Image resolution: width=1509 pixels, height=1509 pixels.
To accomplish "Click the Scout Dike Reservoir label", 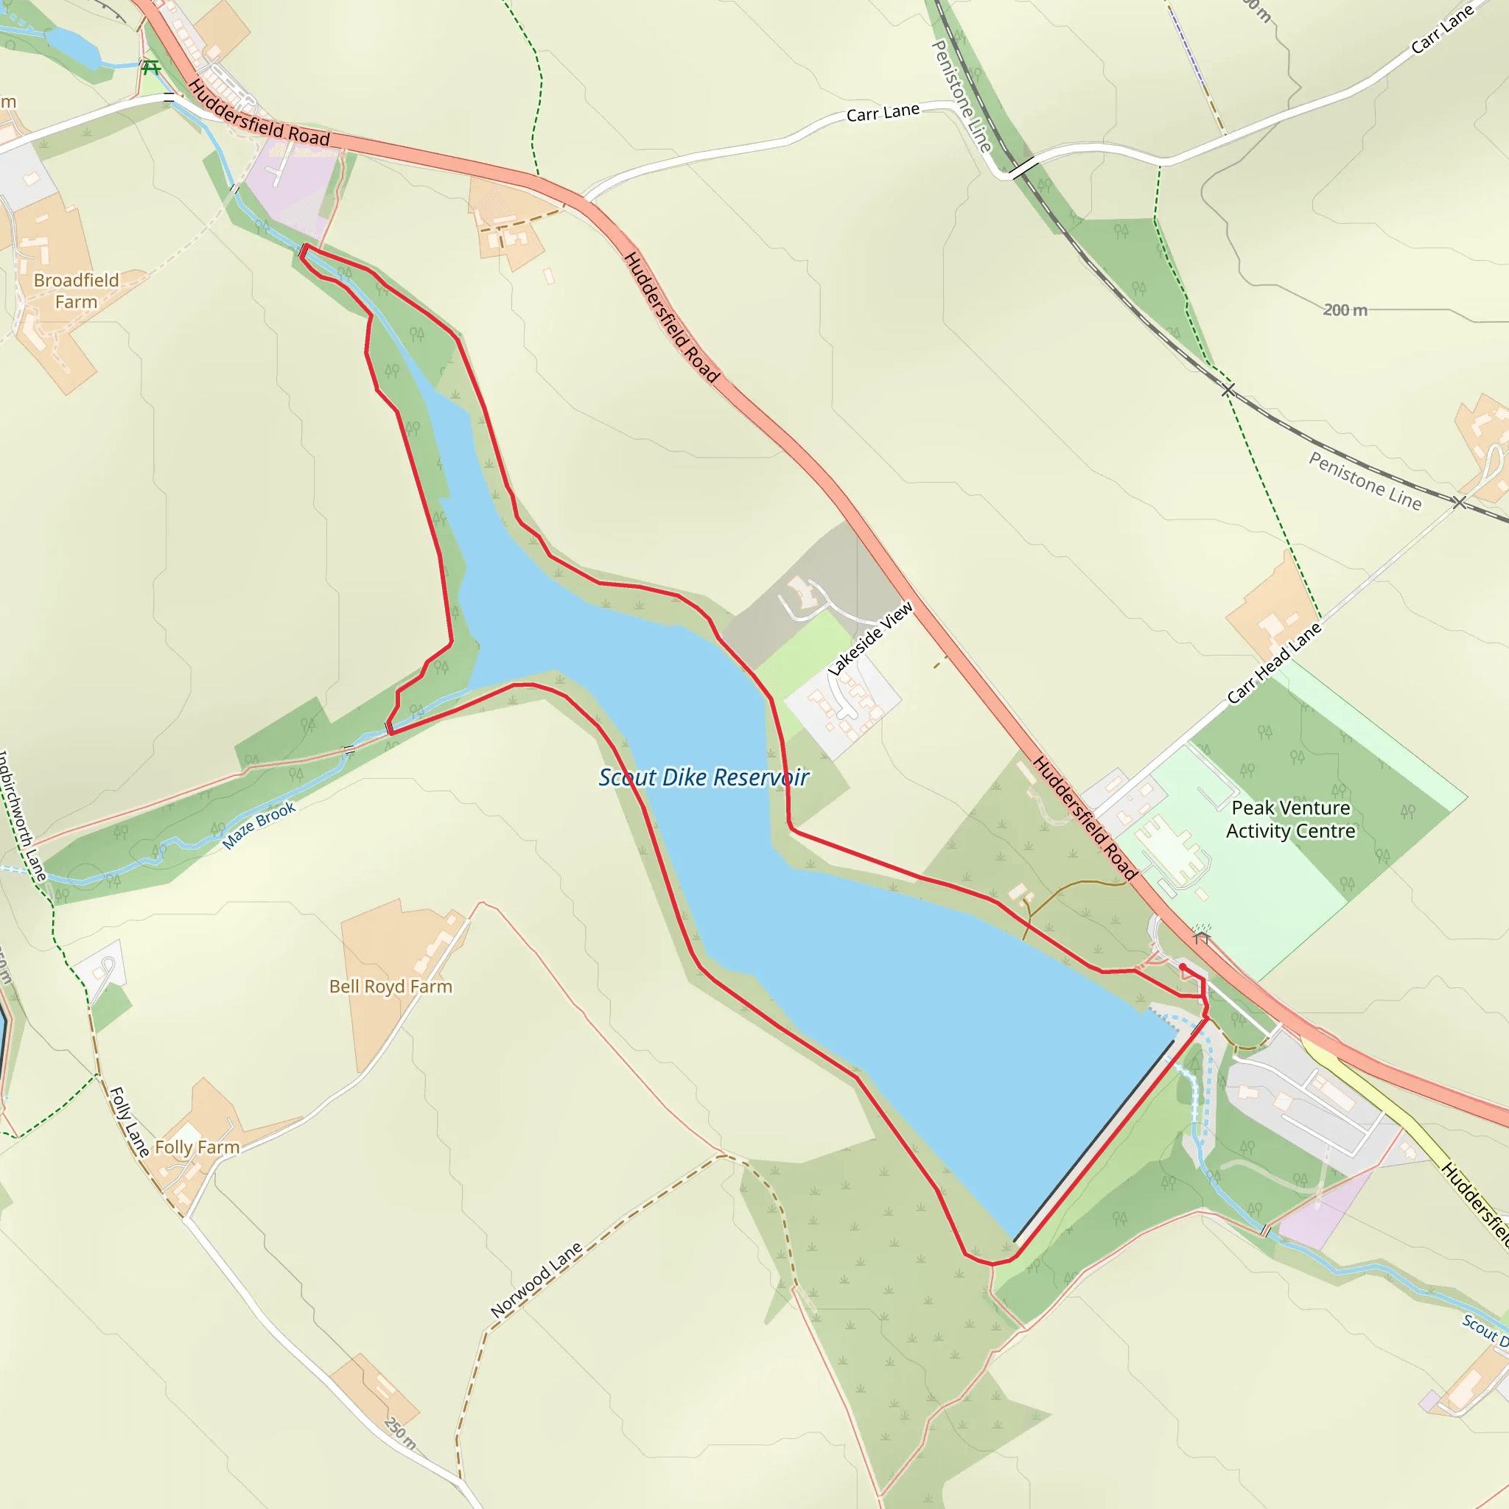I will [x=704, y=778].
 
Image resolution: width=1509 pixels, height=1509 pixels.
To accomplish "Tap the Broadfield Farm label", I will [x=77, y=291].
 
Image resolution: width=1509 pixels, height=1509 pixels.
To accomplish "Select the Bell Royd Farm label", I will [x=391, y=987].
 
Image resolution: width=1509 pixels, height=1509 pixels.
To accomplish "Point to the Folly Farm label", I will [x=197, y=1147].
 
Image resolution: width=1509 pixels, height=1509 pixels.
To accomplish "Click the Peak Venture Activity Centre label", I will [x=1290, y=819].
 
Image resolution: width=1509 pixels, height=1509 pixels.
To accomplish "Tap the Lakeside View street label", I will [x=871, y=638].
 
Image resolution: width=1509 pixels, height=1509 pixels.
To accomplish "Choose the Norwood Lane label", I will [x=536, y=1279].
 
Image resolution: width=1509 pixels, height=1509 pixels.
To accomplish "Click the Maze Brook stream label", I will [x=259, y=825].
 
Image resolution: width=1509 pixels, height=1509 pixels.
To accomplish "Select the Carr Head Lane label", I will [x=1274, y=663].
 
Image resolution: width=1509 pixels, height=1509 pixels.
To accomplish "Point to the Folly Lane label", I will [x=129, y=1121].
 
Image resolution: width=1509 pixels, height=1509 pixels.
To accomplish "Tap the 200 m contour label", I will [x=1345, y=310].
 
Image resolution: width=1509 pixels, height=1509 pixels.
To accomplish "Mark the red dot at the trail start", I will [x=1183, y=967].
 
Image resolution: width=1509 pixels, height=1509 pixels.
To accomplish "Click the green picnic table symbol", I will [x=151, y=68].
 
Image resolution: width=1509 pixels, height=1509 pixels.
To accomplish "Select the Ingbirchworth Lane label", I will [x=21, y=816].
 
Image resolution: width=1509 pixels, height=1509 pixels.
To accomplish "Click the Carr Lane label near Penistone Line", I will [x=883, y=113].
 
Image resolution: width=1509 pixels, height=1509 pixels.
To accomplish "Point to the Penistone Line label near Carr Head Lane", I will [x=1365, y=480].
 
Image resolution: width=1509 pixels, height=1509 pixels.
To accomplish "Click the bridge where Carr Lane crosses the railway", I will [x=1023, y=167].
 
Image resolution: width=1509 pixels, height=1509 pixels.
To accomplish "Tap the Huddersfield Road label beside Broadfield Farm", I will [x=259, y=114].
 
